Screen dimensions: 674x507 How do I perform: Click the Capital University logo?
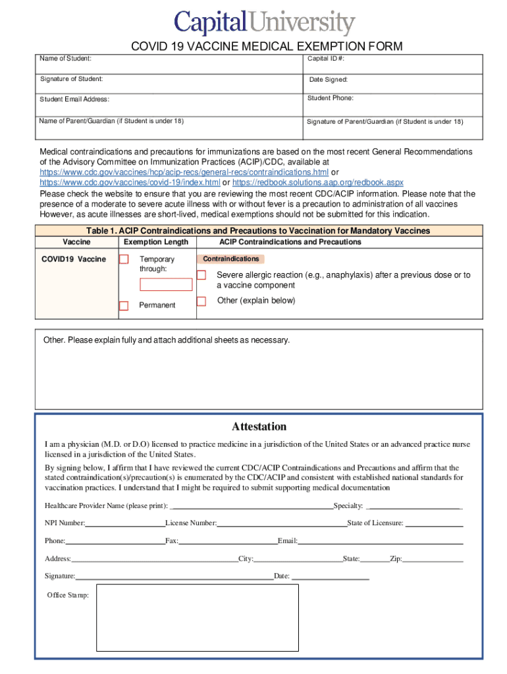264,23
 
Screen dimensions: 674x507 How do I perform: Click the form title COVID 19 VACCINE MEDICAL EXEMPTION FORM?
267,46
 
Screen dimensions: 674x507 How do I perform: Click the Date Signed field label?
329,80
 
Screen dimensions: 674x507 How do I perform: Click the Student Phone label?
331,98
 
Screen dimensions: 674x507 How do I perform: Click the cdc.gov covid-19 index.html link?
130,182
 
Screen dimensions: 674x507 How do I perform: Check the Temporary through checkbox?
124,259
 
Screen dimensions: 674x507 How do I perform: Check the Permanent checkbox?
124,305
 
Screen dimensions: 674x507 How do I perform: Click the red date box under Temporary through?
166,285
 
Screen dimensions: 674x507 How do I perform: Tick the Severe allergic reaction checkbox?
201,274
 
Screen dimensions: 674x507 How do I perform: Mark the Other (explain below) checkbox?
201,301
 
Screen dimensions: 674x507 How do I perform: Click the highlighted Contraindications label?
230,259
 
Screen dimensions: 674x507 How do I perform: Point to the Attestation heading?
259,427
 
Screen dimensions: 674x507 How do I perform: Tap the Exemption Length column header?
156,242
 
